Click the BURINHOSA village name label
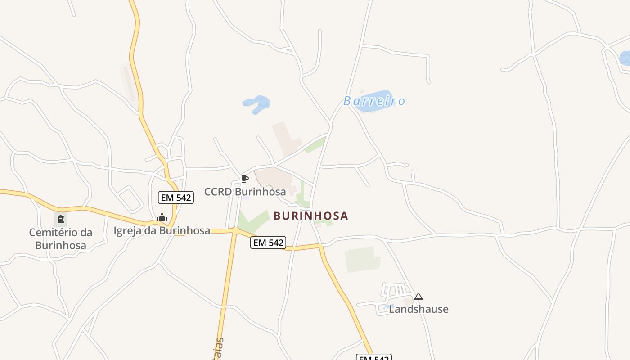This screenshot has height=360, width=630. (x=311, y=216)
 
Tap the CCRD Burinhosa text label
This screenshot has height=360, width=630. (x=245, y=192)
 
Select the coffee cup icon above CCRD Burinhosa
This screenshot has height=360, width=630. (x=244, y=179)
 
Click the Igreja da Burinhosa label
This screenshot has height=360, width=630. (x=162, y=231)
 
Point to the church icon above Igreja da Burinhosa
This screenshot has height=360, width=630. (x=162, y=218)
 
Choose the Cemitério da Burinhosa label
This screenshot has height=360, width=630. (x=61, y=239)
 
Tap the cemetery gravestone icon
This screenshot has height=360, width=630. (x=60, y=219)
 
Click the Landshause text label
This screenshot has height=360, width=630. (x=418, y=309)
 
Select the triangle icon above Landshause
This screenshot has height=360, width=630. (x=418, y=296)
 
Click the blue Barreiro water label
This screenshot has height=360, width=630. (x=374, y=101)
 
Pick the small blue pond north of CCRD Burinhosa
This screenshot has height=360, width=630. (x=257, y=104)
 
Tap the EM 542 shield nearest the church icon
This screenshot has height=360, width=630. (x=175, y=198)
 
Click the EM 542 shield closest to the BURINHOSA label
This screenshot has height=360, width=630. (x=268, y=243)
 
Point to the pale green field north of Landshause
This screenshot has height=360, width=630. (x=362, y=259)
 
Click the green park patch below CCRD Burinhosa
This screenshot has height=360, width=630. (x=252, y=221)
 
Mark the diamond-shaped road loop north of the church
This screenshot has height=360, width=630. (x=130, y=199)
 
